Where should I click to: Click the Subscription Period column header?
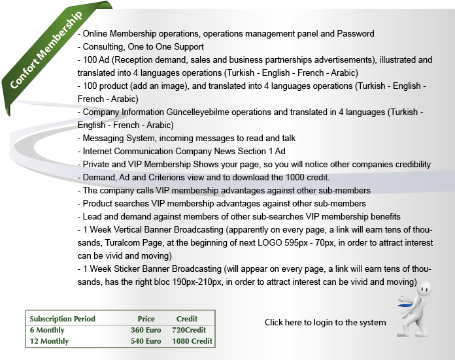tap(63, 319)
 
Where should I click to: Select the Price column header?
tap(146, 319)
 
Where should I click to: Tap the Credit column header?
tap(187, 319)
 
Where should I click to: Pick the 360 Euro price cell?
tap(146, 330)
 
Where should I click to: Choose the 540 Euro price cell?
tap(146, 341)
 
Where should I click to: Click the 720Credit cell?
tap(189, 330)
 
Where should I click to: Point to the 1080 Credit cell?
tap(192, 341)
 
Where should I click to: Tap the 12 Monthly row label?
tap(49, 341)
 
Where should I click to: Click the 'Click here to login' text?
tap(325, 322)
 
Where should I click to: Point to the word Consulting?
tap(102, 46)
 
